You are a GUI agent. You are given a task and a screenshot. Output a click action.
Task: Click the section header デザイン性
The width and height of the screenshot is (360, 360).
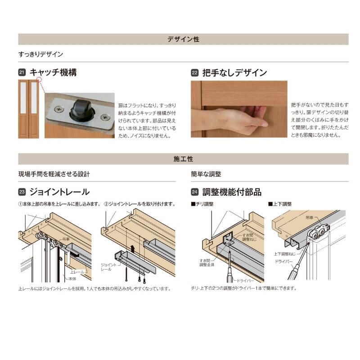(183, 39)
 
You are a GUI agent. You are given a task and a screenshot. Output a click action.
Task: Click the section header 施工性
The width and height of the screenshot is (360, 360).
(183, 159)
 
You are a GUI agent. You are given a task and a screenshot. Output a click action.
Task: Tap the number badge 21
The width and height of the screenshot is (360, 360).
(22, 72)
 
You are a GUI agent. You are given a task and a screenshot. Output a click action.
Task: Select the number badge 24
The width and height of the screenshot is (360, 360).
(195, 192)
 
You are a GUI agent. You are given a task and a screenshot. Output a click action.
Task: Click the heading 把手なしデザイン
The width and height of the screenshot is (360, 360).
(235, 72)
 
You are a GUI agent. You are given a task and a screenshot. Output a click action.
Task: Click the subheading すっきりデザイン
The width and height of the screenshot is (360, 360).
(40, 54)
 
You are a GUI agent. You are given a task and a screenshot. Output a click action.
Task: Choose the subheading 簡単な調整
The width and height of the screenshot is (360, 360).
(206, 174)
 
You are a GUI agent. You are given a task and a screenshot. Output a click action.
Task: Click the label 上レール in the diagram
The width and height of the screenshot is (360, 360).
(76, 272)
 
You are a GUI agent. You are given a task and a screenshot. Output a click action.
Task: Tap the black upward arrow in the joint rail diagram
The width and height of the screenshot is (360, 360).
(133, 247)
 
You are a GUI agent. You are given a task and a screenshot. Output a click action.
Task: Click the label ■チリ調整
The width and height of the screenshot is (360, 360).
(202, 204)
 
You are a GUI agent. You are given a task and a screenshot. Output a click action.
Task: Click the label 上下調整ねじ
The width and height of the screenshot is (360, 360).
(283, 254)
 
